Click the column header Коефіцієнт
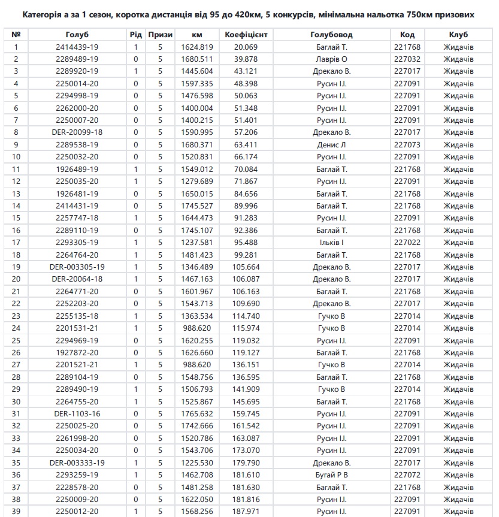(x=246, y=35)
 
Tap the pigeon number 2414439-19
(x=77, y=47)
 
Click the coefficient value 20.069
(x=246, y=47)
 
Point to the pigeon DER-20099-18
(x=77, y=132)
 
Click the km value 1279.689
(x=198, y=181)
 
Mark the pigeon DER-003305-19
(x=77, y=267)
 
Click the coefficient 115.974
(x=246, y=328)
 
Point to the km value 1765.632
(x=198, y=413)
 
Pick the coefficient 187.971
(x=246, y=511)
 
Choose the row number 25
(x=16, y=340)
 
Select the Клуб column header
(x=458, y=35)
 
